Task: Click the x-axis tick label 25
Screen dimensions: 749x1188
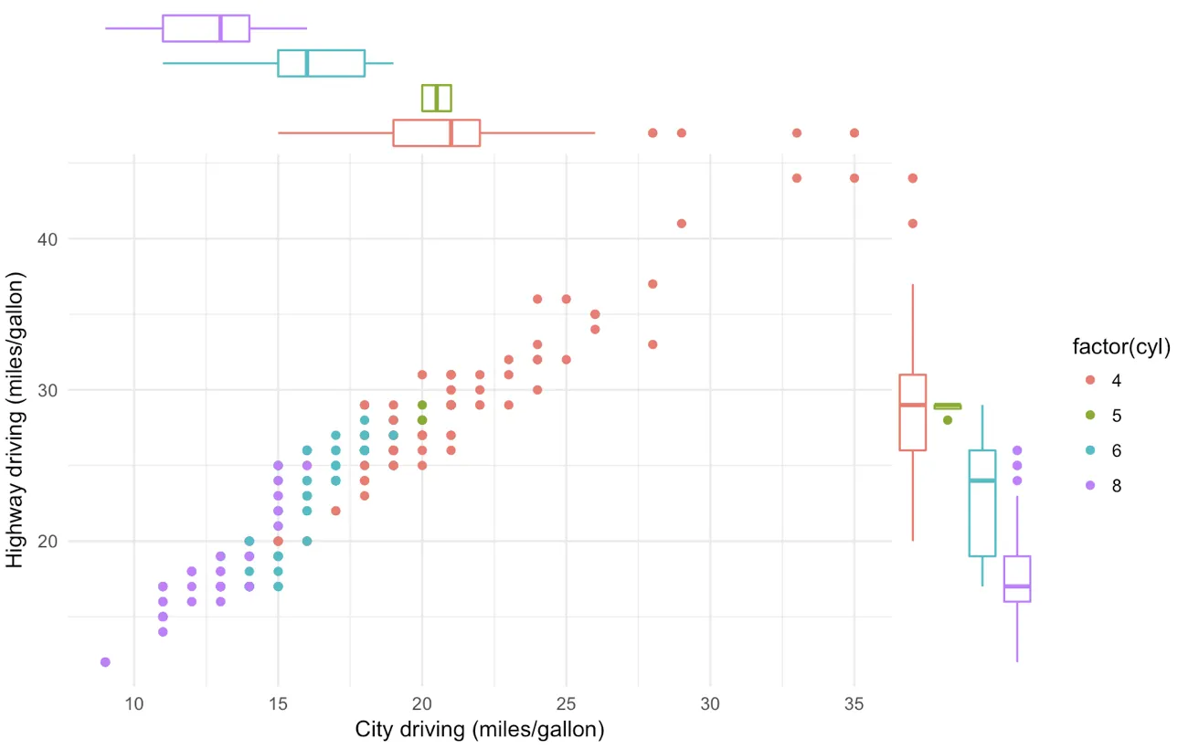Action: [566, 704]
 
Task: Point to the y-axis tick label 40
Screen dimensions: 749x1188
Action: [48, 239]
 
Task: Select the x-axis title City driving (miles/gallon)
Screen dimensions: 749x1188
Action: [480, 730]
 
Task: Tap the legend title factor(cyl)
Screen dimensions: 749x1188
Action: [1121, 346]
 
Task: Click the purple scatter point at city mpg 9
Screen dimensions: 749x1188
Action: [105, 661]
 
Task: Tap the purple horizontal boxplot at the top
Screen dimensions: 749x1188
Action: [206, 28]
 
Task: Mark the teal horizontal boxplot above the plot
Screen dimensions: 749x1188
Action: [321, 63]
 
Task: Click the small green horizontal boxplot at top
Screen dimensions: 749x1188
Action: [436, 98]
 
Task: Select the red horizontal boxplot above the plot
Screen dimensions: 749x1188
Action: [436, 132]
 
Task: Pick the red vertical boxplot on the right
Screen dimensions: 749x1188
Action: [912, 412]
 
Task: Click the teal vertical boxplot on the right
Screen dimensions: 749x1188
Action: [982, 502]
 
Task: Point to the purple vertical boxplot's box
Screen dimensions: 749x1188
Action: [1017, 579]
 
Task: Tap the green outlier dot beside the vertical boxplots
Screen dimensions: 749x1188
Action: [948, 420]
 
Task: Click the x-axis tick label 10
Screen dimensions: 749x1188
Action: [133, 704]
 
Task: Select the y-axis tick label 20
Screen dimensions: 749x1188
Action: [48, 542]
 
